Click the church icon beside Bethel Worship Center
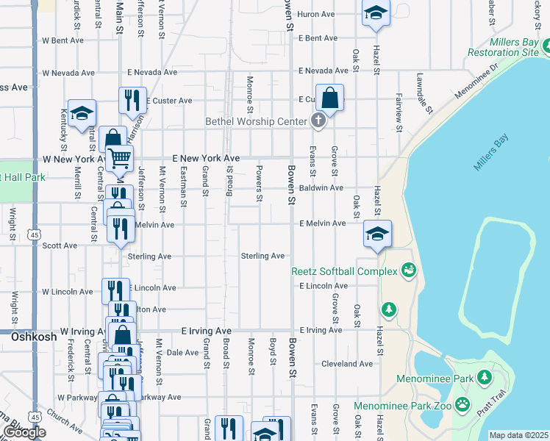tap(318, 121)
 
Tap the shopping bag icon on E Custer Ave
tap(331, 98)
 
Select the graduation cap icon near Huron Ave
tap(376, 13)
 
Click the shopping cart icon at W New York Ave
tap(119, 157)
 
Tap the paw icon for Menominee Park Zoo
tap(463, 404)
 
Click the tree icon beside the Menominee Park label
tap(484, 378)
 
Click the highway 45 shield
tap(35, 234)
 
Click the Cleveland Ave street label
tap(347, 364)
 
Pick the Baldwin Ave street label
tap(326, 188)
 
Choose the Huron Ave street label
tap(316, 14)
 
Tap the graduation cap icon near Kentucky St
tap(82, 112)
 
